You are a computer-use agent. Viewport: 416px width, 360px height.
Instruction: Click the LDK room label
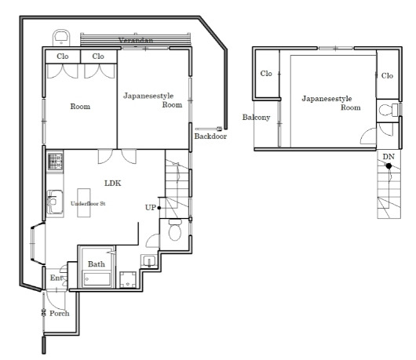click(x=113, y=184)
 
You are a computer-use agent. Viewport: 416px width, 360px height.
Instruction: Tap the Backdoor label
click(x=210, y=136)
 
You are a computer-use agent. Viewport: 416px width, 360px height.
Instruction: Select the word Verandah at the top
click(x=136, y=41)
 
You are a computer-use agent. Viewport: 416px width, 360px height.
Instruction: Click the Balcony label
click(x=257, y=117)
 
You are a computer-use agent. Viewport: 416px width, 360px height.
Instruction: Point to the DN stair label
click(x=389, y=157)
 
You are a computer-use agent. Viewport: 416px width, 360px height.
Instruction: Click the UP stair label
click(x=151, y=208)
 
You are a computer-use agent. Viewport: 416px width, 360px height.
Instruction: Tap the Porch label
click(x=60, y=314)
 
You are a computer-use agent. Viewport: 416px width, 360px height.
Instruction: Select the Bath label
click(x=97, y=264)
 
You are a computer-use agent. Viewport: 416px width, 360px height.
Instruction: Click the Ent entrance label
click(x=57, y=278)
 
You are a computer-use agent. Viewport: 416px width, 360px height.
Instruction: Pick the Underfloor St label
click(x=88, y=204)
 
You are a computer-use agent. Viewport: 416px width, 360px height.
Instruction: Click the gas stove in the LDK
click(x=55, y=162)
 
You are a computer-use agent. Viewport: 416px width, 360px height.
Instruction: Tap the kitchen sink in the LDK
click(x=55, y=202)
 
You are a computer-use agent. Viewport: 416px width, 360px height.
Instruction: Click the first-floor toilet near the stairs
click(x=175, y=230)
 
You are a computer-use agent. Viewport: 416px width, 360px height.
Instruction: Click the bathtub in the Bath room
click(x=97, y=279)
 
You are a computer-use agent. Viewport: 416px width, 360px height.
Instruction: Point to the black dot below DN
click(x=389, y=166)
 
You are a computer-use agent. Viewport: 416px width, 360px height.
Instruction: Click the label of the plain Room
click(x=80, y=107)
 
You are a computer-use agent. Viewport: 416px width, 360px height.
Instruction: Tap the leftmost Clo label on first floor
click(x=63, y=56)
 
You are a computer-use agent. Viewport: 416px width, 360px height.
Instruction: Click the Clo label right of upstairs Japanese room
click(x=387, y=76)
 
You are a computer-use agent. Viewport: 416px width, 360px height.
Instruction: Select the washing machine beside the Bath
click(x=128, y=280)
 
